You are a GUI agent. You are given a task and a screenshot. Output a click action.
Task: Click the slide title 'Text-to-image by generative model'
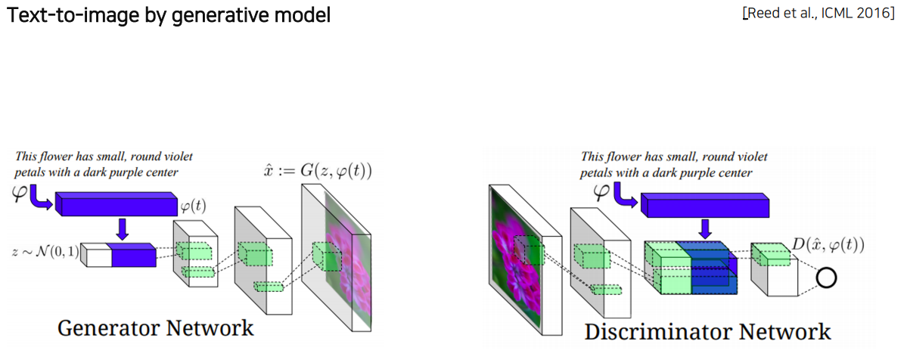169,14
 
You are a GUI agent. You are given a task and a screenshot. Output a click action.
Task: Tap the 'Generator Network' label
156,327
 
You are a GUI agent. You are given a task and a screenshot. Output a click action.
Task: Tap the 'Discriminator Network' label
707,331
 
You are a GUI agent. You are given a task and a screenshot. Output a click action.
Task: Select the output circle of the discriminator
826,278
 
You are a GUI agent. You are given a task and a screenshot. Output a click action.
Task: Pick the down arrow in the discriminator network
704,227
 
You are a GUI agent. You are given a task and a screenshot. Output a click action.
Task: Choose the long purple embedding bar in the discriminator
704,203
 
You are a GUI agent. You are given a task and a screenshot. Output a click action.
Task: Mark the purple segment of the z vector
134,256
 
